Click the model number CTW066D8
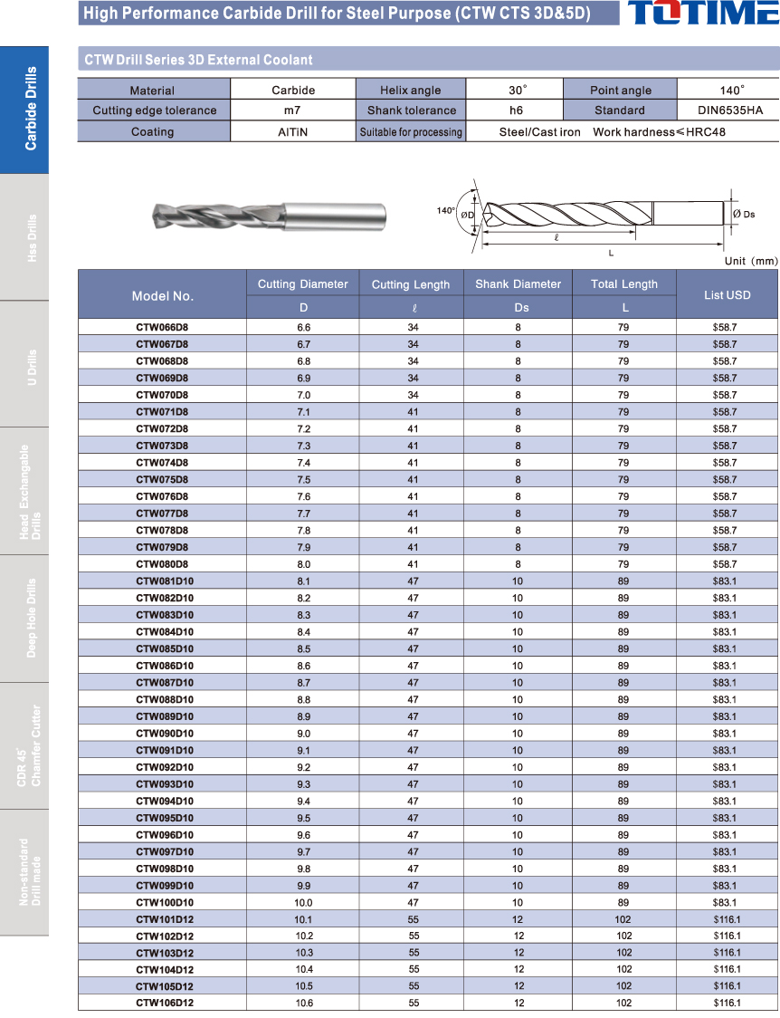(162, 327)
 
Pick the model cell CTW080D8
(162, 564)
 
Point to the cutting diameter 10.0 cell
(303, 903)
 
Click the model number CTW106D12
(165, 1003)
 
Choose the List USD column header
(727, 295)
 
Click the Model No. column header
(163, 296)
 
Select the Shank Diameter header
(518, 284)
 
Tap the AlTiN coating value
(293, 132)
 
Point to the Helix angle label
(411, 91)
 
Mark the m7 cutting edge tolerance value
(293, 110)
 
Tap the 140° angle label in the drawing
(445, 211)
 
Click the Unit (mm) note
(751, 261)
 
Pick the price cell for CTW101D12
(727, 919)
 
